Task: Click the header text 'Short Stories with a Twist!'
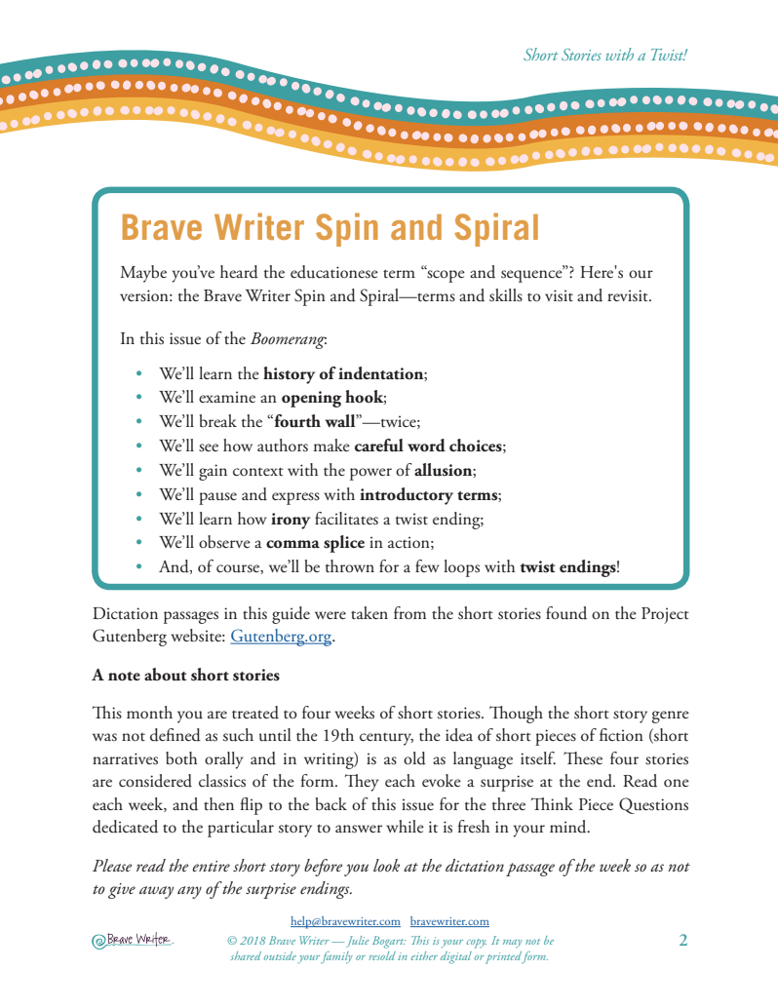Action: tap(604, 56)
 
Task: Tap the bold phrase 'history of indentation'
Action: tap(344, 373)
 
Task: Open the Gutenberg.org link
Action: tap(280, 638)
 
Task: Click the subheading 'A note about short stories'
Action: tap(185, 675)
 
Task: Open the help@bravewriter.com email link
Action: tap(346, 920)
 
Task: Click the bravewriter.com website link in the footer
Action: tap(449, 920)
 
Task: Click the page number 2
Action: tap(683, 941)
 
